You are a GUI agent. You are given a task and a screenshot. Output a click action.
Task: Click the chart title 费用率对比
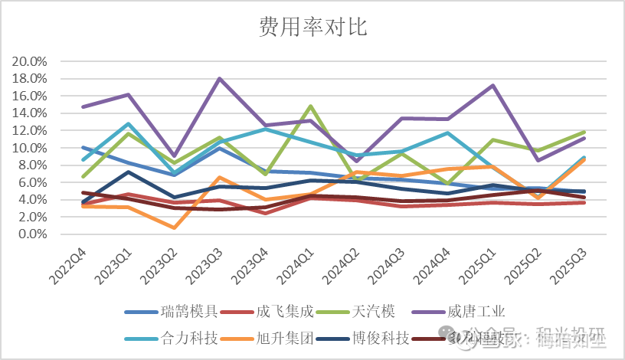coord(312,29)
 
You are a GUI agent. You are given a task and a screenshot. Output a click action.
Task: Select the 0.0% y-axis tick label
coord(33,234)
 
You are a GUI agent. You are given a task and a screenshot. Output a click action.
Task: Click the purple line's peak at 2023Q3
coord(220,78)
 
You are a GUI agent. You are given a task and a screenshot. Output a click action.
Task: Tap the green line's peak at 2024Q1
coord(309,106)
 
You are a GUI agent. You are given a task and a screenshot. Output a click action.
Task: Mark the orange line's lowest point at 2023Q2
coord(175,227)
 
